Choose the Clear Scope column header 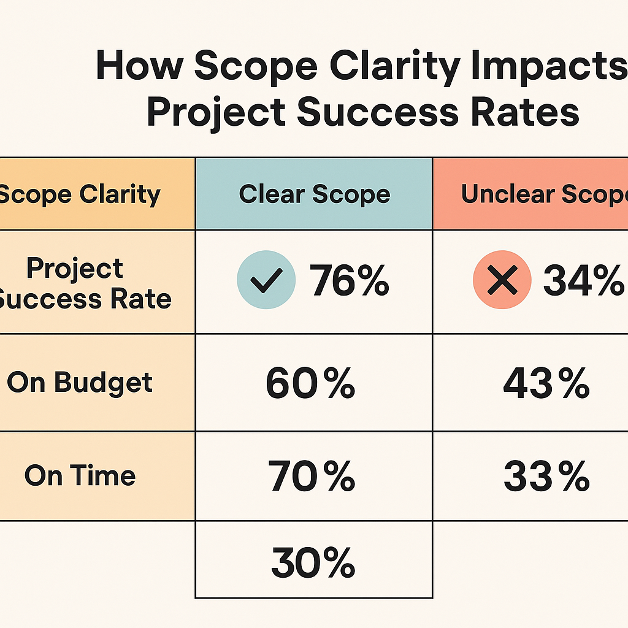pos(314,194)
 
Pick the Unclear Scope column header pos(543,194)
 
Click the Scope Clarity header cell pos(80,194)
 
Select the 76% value pos(350,282)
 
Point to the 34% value pos(583,282)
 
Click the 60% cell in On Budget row pos(310,383)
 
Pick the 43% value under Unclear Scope pos(546,383)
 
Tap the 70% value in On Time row pos(312,476)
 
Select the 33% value pos(546,477)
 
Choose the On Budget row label pos(80,383)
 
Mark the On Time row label pos(80,476)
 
